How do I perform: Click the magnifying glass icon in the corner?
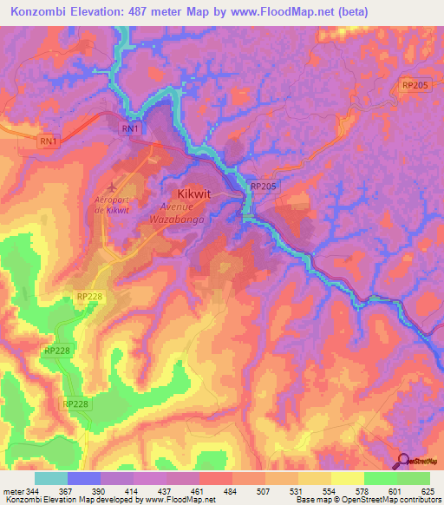pyautogui.click(x=404, y=461)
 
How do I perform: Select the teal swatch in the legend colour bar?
pyautogui.click(x=51, y=478)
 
